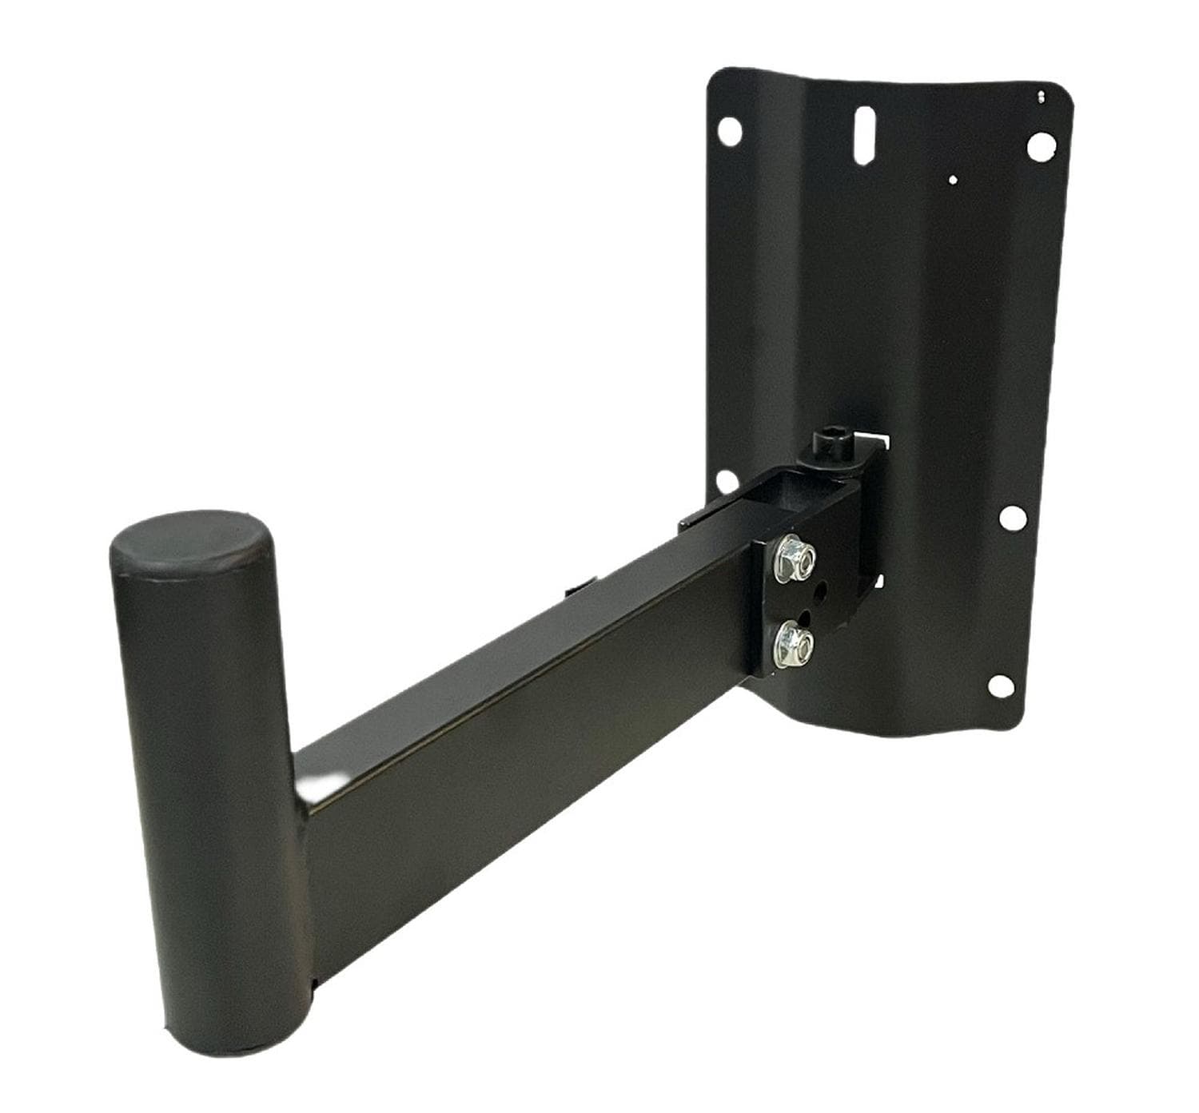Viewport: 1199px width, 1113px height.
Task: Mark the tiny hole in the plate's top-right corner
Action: click(1041, 97)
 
